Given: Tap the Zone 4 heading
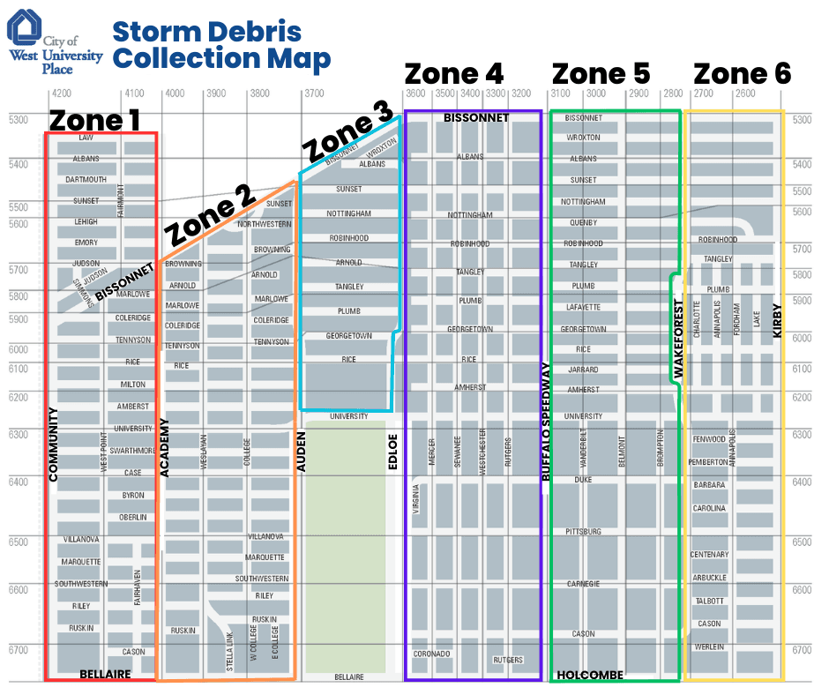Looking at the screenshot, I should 454,75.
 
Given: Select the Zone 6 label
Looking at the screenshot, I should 742,75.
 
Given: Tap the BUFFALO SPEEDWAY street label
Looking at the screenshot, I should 546,422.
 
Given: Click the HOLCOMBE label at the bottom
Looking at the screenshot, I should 589,676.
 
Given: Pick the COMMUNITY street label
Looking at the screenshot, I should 53,445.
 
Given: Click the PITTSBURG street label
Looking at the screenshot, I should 584,532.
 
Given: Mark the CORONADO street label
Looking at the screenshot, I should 432,654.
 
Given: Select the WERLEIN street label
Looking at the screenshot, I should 709,647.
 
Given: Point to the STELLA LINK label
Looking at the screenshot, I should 230,651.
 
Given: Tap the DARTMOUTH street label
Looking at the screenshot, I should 86,180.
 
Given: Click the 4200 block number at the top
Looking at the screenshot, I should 62,93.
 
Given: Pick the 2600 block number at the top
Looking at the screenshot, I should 744,93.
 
